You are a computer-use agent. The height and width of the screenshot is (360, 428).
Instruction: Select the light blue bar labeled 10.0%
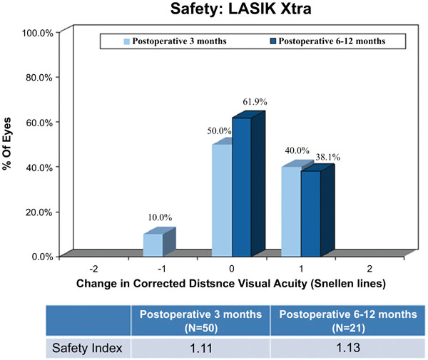[153, 245]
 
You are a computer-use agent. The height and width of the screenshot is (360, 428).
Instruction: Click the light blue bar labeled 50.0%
[222, 200]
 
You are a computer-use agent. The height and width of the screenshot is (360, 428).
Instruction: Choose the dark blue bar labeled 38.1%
[310, 213]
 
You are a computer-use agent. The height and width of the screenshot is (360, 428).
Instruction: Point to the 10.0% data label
[160, 217]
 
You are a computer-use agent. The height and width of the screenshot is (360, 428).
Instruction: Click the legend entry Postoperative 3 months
[175, 41]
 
